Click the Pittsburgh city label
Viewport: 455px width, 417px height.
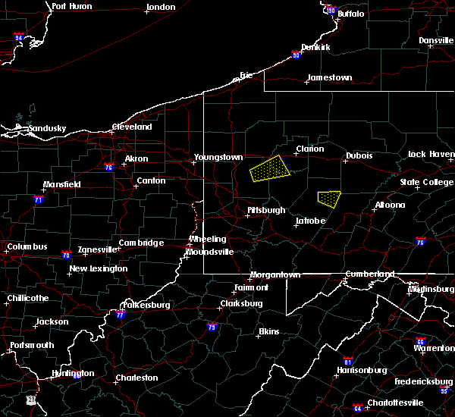tap(266, 210)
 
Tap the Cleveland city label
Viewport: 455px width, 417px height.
tap(132, 127)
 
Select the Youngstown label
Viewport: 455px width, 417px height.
tap(218, 158)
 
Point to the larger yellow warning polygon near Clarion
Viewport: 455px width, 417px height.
tap(269, 169)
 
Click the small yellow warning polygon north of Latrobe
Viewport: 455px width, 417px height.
tap(328, 199)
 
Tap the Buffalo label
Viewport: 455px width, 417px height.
tap(350, 14)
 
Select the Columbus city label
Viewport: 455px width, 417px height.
tap(27, 246)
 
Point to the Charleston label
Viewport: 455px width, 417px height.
tap(136, 378)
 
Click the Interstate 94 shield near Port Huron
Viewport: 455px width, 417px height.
tap(19, 37)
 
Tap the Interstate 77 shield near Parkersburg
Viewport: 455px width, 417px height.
tap(121, 314)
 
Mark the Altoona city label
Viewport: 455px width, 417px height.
tap(390, 205)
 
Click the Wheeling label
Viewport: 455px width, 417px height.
tap(207, 240)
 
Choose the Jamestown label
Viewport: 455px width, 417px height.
tap(329, 77)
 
